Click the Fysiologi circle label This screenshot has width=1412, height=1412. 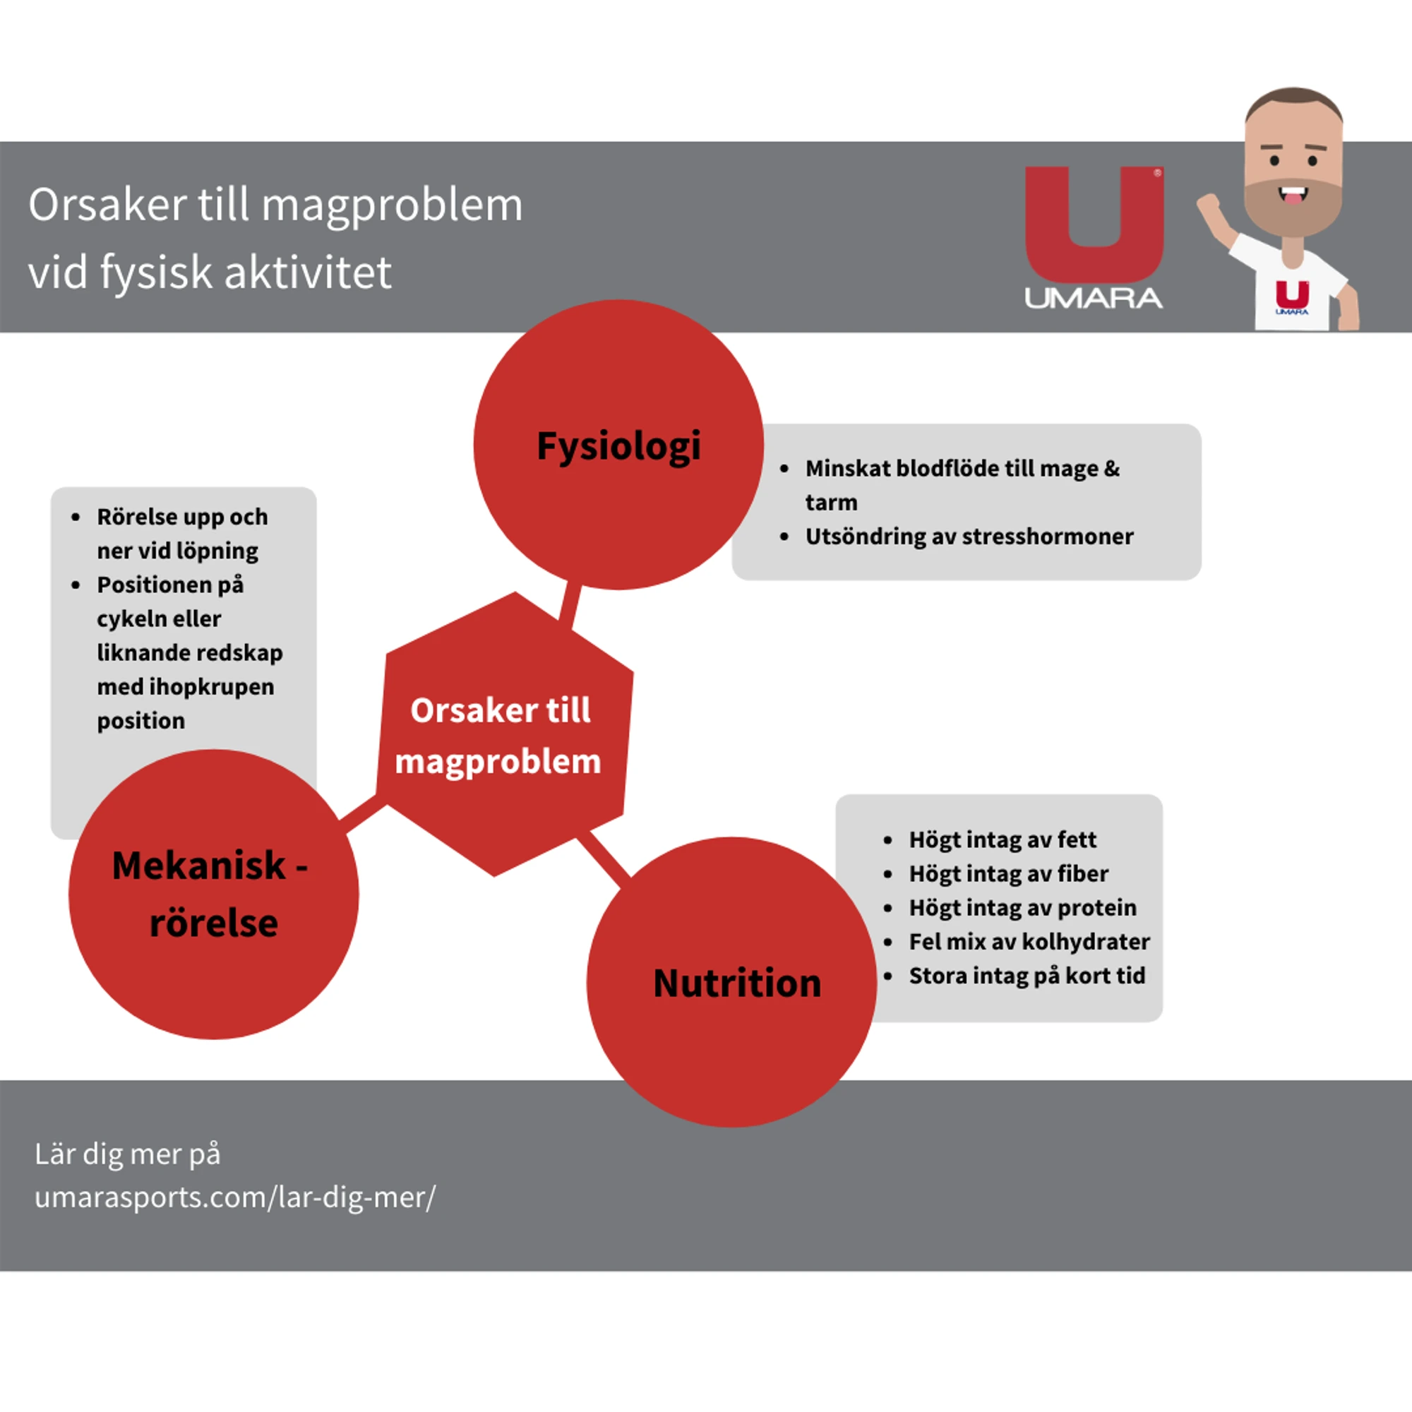pyautogui.click(x=618, y=445)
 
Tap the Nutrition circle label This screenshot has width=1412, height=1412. pyautogui.click(x=736, y=983)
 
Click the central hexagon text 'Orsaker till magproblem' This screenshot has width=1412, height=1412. pyautogui.click(x=500, y=735)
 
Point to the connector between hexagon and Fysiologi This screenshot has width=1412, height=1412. pyautogui.click(x=569, y=604)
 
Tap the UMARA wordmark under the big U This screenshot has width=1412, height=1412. pyautogui.click(x=1094, y=298)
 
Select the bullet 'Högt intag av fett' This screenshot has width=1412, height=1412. pyautogui.click(x=1002, y=839)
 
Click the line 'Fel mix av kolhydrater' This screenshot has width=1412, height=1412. pyautogui.click(x=1029, y=941)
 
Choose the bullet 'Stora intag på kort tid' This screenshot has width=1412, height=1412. pyautogui.click(x=1027, y=976)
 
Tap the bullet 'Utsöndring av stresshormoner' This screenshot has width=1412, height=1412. pyautogui.click(x=969, y=537)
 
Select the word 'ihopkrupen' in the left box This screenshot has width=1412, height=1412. pyautogui.click(x=211, y=687)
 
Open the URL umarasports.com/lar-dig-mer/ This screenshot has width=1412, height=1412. pyautogui.click(x=234, y=1197)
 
